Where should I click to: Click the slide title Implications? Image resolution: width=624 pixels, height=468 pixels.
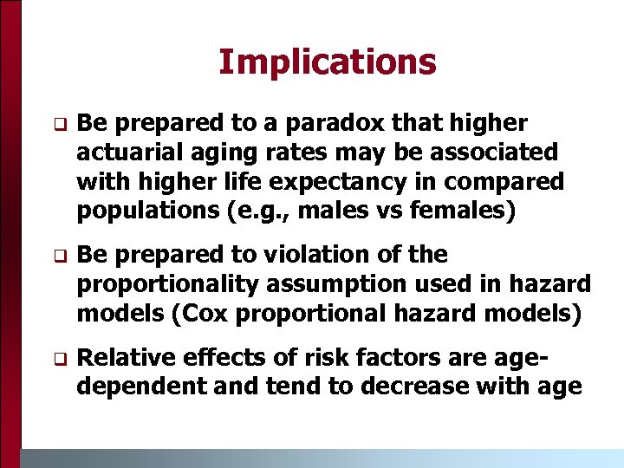tap(327, 62)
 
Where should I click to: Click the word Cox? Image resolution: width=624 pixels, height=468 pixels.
tap(202, 312)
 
